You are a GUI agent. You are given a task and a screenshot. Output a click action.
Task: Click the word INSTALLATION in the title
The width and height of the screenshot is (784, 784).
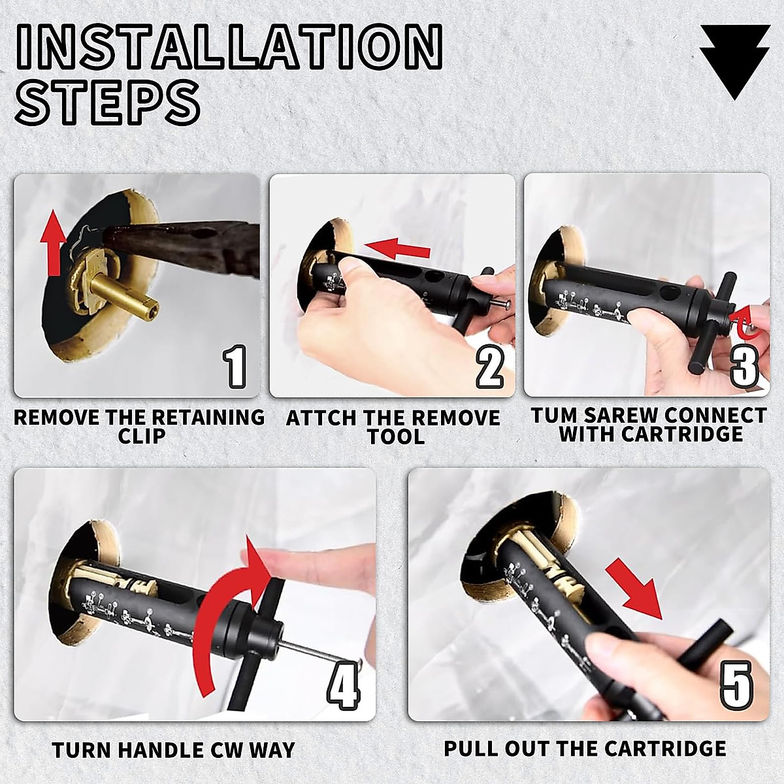coord(229,47)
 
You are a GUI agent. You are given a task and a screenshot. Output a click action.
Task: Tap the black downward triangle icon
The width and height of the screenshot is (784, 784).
coord(735,63)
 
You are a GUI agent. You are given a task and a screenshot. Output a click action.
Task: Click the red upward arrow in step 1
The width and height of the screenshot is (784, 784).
coord(53,244)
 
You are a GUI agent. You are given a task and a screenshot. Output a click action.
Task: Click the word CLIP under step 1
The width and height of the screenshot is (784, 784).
coord(142,436)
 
